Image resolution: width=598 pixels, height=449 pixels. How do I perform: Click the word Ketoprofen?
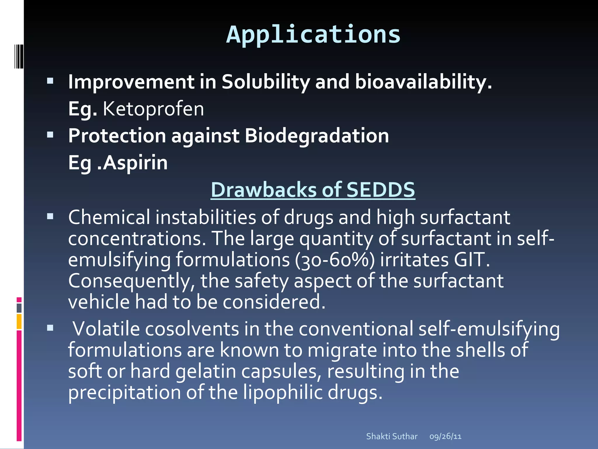(x=153, y=109)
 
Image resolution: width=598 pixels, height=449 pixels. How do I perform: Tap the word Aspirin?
(x=135, y=163)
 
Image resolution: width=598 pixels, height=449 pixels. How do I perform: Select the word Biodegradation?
(x=317, y=136)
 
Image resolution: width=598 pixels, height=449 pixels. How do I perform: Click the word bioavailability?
(x=423, y=82)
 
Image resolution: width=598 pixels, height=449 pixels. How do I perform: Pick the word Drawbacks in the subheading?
(x=264, y=190)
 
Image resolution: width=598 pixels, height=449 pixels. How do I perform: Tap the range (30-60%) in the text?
(x=335, y=260)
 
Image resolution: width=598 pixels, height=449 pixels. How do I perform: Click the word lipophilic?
(x=283, y=392)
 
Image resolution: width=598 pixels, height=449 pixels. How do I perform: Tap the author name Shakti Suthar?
(x=392, y=436)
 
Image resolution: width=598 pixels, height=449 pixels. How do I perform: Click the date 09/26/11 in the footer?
(x=445, y=436)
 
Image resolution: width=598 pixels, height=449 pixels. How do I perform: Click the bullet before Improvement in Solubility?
(x=50, y=81)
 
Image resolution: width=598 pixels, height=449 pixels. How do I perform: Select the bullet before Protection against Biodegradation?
(x=50, y=135)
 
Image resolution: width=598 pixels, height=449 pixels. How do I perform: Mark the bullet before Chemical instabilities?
(x=50, y=216)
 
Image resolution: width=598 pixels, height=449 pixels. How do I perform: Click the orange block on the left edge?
(x=19, y=321)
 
